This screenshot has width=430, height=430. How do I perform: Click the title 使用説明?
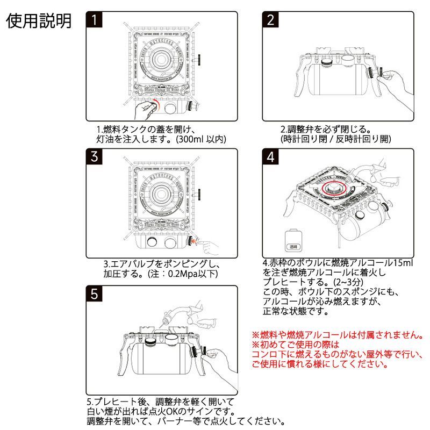[x=39, y=21]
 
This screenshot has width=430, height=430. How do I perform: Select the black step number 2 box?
[x=271, y=20]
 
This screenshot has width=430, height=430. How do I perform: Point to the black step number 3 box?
[x=95, y=157]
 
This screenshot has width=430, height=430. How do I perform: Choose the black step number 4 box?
[x=271, y=157]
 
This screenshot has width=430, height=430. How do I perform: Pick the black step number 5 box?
[x=95, y=295]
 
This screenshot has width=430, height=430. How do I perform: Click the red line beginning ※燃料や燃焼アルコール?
[x=337, y=334]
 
